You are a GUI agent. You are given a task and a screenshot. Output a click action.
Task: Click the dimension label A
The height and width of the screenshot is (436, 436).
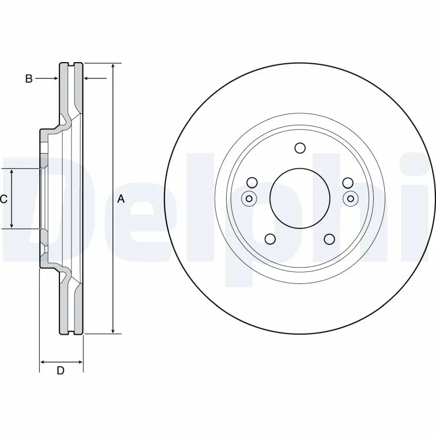pyautogui.click(x=121, y=199)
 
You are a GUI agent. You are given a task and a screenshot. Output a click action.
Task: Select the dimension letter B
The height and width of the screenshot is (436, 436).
pyautogui.click(x=28, y=79)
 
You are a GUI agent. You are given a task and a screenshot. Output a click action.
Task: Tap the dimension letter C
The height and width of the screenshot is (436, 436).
pyautogui.click(x=3, y=199)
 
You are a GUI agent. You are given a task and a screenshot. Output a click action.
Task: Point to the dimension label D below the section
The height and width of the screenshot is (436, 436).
pyautogui.click(x=60, y=371)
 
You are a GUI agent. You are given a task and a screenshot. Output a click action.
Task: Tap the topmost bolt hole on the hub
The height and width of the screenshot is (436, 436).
pyautogui.click(x=300, y=148)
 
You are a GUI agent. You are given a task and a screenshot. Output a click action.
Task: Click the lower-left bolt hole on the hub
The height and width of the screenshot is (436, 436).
pyautogui.click(x=269, y=239)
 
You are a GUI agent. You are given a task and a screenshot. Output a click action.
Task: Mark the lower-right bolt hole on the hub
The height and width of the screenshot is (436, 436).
pyautogui.click(x=329, y=239)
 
